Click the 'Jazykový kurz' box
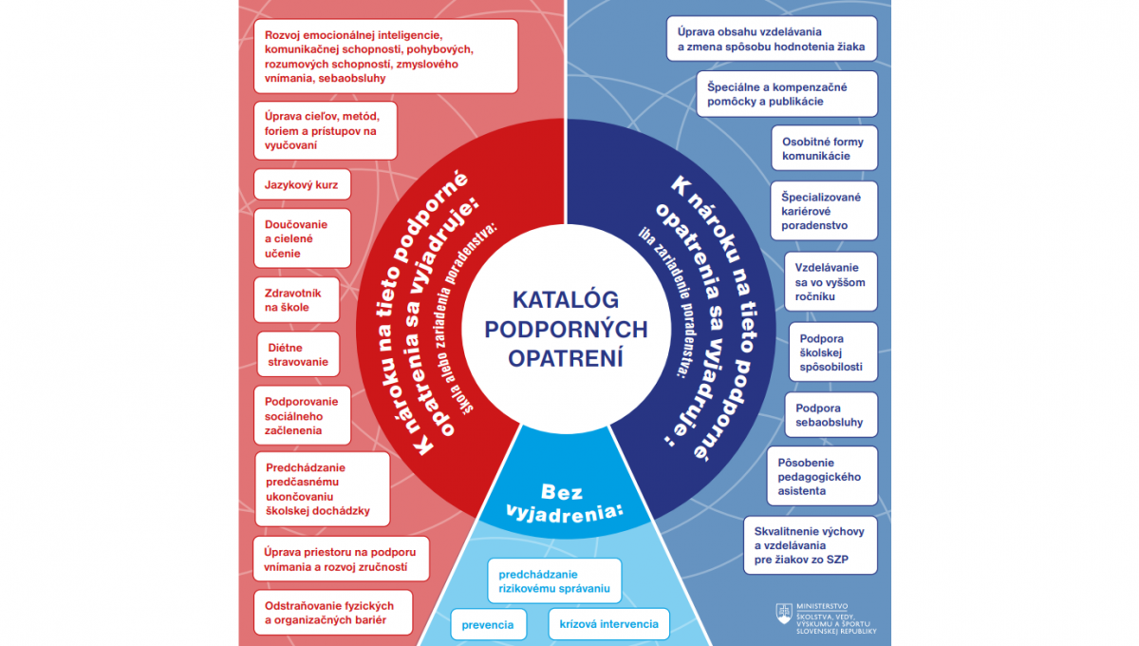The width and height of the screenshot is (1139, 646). [302, 184]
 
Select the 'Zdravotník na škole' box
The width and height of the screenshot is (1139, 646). [296, 300]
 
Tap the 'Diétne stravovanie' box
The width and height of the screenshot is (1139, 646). [298, 354]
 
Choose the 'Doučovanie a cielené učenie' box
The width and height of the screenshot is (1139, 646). [302, 238]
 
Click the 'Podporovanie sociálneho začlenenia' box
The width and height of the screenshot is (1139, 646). [302, 415]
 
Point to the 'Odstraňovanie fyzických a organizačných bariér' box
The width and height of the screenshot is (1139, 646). [333, 613]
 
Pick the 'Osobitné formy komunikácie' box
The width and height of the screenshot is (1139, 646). [824, 148]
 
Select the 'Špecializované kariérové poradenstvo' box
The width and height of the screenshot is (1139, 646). [824, 211]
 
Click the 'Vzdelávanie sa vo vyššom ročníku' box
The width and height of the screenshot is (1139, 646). [831, 281]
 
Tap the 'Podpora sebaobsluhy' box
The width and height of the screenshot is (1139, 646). [831, 415]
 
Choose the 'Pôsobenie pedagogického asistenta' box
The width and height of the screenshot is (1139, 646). [822, 476]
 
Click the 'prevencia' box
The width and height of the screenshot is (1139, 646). [488, 624]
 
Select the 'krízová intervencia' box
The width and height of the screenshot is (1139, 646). [608, 623]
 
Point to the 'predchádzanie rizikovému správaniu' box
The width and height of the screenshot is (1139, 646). [554, 580]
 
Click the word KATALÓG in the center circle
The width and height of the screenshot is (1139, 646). [566, 299]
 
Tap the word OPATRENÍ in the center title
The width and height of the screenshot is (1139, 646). [566, 358]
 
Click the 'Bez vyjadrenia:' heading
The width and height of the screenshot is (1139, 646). [565, 503]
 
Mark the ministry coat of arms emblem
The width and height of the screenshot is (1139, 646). [784, 614]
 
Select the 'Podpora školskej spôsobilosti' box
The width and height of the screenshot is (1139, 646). [833, 351]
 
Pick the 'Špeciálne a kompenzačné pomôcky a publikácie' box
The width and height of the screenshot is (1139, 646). [787, 94]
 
